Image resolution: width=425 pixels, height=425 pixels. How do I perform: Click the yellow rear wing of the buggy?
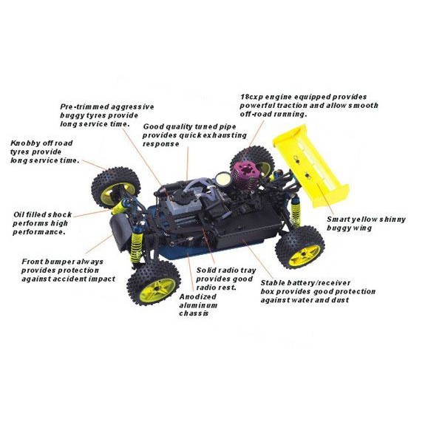311,165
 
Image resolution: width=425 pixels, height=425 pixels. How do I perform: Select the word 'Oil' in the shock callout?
18,214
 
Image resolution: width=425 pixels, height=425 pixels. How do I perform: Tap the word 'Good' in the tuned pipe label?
152,126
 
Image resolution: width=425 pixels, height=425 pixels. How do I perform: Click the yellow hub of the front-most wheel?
157,290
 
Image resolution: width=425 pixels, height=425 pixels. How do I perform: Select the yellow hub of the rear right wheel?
305,255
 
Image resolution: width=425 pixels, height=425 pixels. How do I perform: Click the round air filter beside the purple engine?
223,179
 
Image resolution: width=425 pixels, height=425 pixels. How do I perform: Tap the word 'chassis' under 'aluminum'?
194,313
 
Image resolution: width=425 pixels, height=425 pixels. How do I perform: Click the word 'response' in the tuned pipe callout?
161,144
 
